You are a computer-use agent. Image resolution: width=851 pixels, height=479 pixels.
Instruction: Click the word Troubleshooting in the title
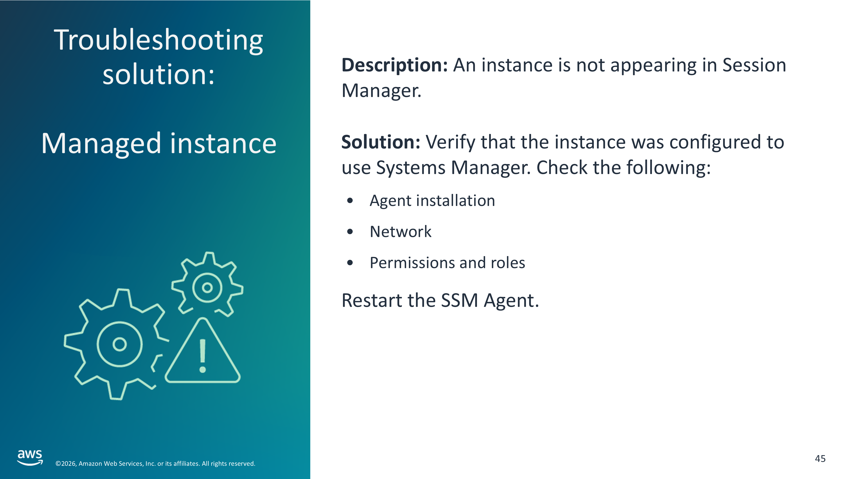(x=158, y=40)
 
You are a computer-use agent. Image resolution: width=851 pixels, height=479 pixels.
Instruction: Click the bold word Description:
(x=394, y=65)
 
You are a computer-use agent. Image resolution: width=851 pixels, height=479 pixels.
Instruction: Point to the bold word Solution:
(x=381, y=142)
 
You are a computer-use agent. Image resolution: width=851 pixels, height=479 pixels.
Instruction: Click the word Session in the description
(x=754, y=65)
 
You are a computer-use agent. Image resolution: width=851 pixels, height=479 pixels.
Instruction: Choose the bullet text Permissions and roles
(x=447, y=263)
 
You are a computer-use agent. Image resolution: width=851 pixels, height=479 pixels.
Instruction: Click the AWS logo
(x=30, y=457)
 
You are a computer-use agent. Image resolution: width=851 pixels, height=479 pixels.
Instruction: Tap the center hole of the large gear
(x=119, y=344)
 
